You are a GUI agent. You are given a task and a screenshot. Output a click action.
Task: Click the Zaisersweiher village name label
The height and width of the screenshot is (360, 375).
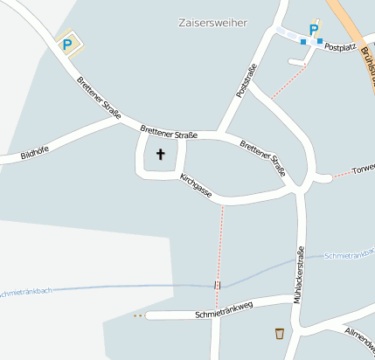click(212, 23)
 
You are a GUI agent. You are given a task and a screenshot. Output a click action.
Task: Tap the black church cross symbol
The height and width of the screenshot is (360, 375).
click(160, 155)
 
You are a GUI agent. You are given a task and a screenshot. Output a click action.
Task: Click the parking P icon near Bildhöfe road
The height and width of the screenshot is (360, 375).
click(66, 44)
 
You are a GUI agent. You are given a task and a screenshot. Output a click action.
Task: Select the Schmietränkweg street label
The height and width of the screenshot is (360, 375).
click(224, 308)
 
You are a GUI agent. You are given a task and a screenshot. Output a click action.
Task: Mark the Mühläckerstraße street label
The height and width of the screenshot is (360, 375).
click(301, 275)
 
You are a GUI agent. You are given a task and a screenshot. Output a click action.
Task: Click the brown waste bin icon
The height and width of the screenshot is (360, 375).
click(279, 333)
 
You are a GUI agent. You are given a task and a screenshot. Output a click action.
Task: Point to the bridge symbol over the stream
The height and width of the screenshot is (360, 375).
click(218, 284)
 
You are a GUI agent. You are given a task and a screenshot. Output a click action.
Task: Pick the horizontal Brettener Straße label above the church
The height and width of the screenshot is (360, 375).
click(168, 132)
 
